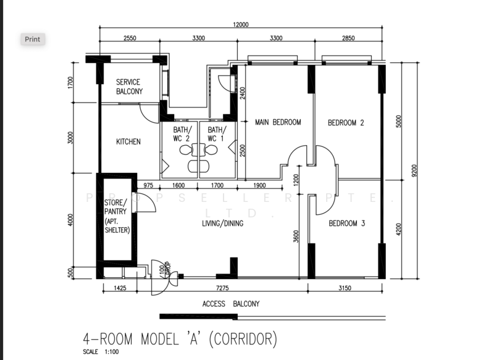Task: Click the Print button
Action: (x=32, y=39)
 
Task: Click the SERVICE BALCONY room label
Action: (x=128, y=86)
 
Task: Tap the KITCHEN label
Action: (x=128, y=141)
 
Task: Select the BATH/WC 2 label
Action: (x=182, y=134)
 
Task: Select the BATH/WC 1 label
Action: (x=217, y=134)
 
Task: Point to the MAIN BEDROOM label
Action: (x=278, y=122)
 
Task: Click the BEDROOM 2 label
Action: (x=345, y=123)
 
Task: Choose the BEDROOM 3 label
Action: (x=346, y=223)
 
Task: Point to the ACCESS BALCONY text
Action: (x=231, y=304)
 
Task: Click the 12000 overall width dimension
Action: (x=240, y=25)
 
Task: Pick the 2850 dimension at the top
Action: (x=349, y=38)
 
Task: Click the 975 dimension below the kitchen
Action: (x=148, y=185)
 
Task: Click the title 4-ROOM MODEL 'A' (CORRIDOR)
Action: (x=180, y=339)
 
